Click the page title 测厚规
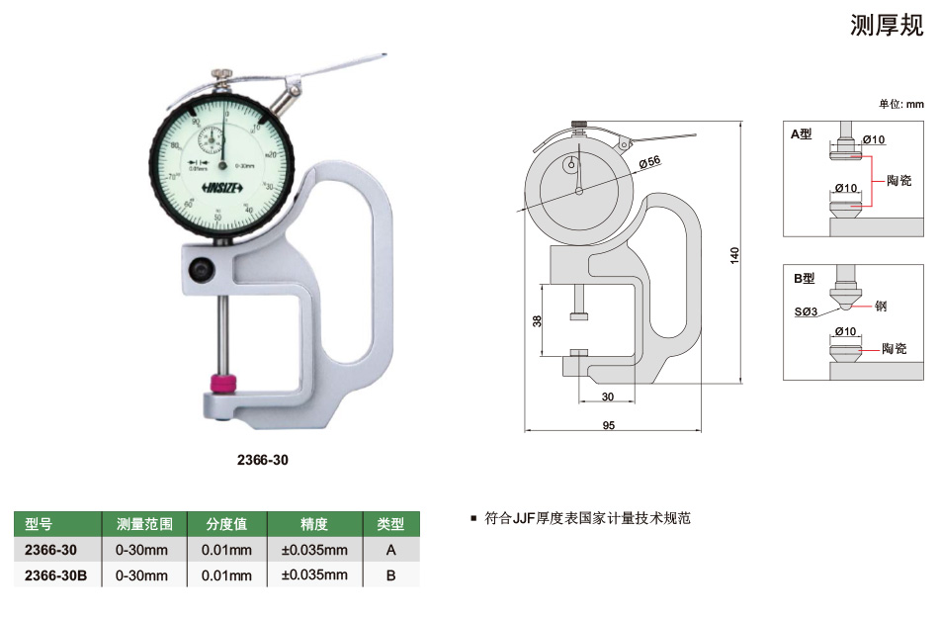point(887,27)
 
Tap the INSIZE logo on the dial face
point(225,188)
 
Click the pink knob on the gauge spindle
point(225,383)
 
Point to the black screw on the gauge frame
point(203,268)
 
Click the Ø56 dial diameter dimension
point(648,161)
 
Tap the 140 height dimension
point(734,253)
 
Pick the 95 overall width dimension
point(608,425)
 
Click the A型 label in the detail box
point(801,133)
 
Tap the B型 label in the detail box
point(803,279)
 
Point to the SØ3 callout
point(806,311)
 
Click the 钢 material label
point(881,307)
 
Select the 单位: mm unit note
point(900,104)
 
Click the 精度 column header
point(313,524)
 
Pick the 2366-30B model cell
point(56,574)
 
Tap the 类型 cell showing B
point(391,574)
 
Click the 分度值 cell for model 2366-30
point(226,550)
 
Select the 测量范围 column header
point(145,524)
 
